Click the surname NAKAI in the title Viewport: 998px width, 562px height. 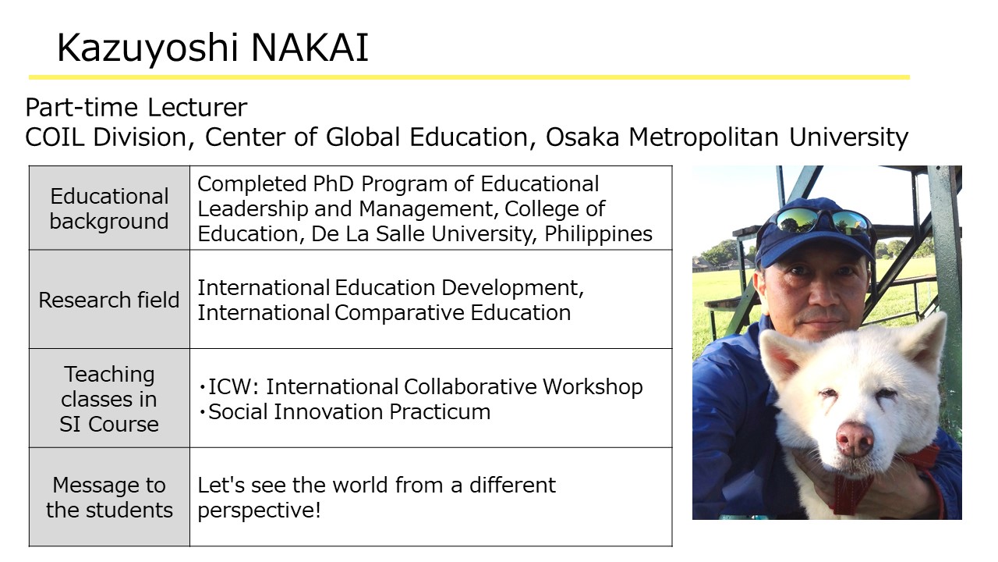point(310,48)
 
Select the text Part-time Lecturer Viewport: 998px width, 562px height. point(136,108)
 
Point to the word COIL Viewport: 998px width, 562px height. point(55,137)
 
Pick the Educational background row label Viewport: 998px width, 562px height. point(109,208)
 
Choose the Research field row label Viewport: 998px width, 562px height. point(109,300)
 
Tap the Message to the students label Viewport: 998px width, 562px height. point(109,497)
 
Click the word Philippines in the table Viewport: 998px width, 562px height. point(598,234)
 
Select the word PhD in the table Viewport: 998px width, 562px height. point(333,183)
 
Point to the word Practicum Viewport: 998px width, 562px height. point(440,411)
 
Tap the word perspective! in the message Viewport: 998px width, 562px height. point(259,510)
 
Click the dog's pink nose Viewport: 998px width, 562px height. point(854,439)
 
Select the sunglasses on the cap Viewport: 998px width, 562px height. point(823,221)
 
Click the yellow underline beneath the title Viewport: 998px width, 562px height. point(469,77)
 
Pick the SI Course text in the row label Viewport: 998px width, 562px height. point(109,424)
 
